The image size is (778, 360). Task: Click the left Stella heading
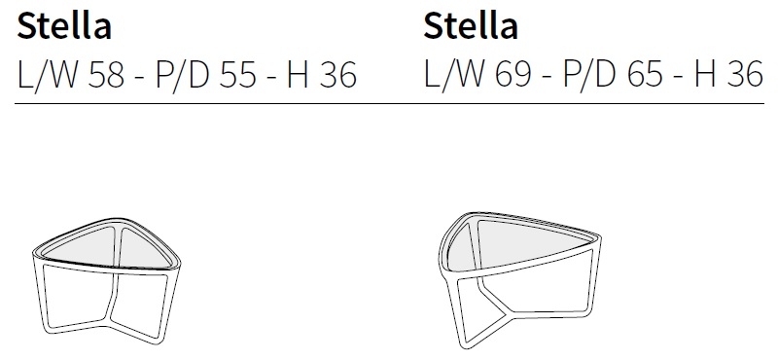pyautogui.click(x=64, y=25)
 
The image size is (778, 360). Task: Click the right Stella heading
pyautogui.click(x=471, y=25)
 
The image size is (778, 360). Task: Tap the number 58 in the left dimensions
pyautogui.click(x=106, y=75)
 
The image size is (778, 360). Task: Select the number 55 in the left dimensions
pyautogui.click(x=237, y=75)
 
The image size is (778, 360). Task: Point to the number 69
pyautogui.click(x=513, y=75)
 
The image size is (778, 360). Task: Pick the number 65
pyautogui.click(x=645, y=75)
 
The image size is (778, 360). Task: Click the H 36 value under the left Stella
pyautogui.click(x=322, y=75)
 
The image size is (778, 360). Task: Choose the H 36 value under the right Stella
pyautogui.click(x=728, y=75)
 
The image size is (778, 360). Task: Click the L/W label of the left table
pyautogui.click(x=48, y=75)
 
